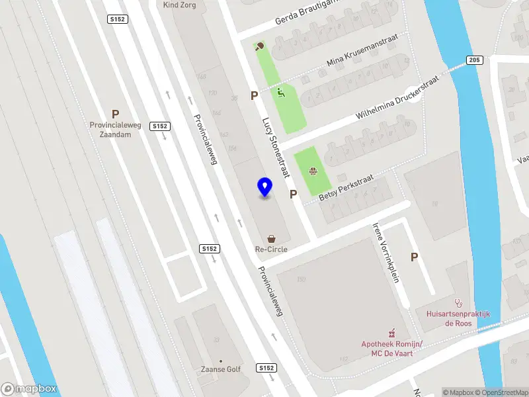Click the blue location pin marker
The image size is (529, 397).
pyautogui.click(x=265, y=187)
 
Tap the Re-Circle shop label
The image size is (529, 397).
pyautogui.click(x=271, y=249)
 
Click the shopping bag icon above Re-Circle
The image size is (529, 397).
pyautogui.click(x=271, y=238)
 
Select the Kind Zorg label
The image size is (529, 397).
pyautogui.click(x=180, y=5)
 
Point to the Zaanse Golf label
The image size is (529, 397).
pyautogui.click(x=221, y=369)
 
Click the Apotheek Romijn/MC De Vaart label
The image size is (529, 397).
pyautogui.click(x=391, y=348)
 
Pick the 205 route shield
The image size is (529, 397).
pyautogui.click(x=473, y=60)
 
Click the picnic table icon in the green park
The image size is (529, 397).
pyautogui.click(x=313, y=172)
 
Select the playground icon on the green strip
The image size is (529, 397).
pyautogui.click(x=281, y=93)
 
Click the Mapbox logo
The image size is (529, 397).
pyautogui.click(x=29, y=389)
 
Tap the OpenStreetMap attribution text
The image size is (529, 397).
pyautogui.click(x=501, y=392)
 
